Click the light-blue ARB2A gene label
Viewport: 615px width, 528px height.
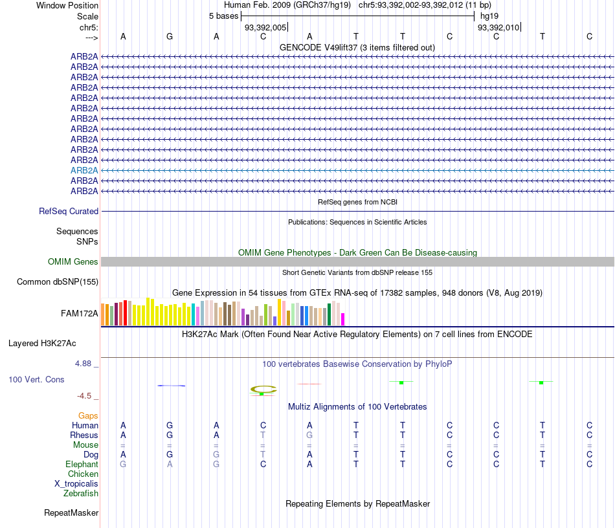pyautogui.click(x=84, y=170)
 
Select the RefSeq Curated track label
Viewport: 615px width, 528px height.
pyautogui.click(x=69, y=211)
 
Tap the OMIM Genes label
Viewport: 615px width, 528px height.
pyautogui.click(x=73, y=262)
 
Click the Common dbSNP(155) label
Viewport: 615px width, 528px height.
pyautogui.click(x=58, y=281)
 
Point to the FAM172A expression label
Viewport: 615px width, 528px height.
pyautogui.click(x=80, y=314)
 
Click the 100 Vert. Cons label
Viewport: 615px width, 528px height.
pyautogui.click(x=36, y=379)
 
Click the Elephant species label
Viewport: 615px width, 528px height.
pyautogui.click(x=82, y=465)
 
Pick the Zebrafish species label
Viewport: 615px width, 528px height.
pyautogui.click(x=81, y=494)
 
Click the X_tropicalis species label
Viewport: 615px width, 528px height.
pyautogui.click(x=76, y=484)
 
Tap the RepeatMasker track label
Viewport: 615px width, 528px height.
pyautogui.click(x=71, y=513)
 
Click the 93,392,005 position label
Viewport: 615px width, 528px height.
pyautogui.click(x=265, y=28)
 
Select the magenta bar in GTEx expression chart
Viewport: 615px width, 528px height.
pyautogui.click(x=342, y=319)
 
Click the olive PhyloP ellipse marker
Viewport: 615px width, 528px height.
pyautogui.click(x=263, y=389)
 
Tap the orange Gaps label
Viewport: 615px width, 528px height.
pyautogui.click(x=88, y=415)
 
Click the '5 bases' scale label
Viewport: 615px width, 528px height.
pyautogui.click(x=223, y=16)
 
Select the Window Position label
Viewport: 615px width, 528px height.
pyautogui.click(x=67, y=5)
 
